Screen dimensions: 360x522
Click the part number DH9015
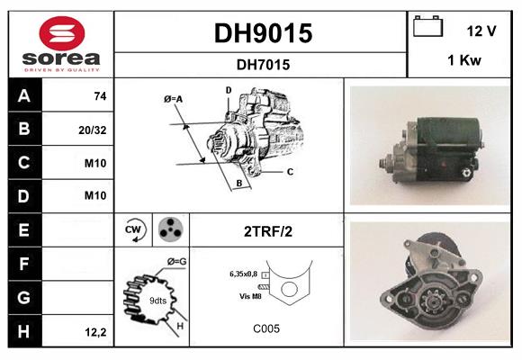(x=262, y=33)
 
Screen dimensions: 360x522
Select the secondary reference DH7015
(x=262, y=64)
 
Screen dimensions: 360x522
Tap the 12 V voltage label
(x=481, y=31)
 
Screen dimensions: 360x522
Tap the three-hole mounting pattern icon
(x=170, y=230)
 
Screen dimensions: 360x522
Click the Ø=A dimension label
(x=174, y=98)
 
